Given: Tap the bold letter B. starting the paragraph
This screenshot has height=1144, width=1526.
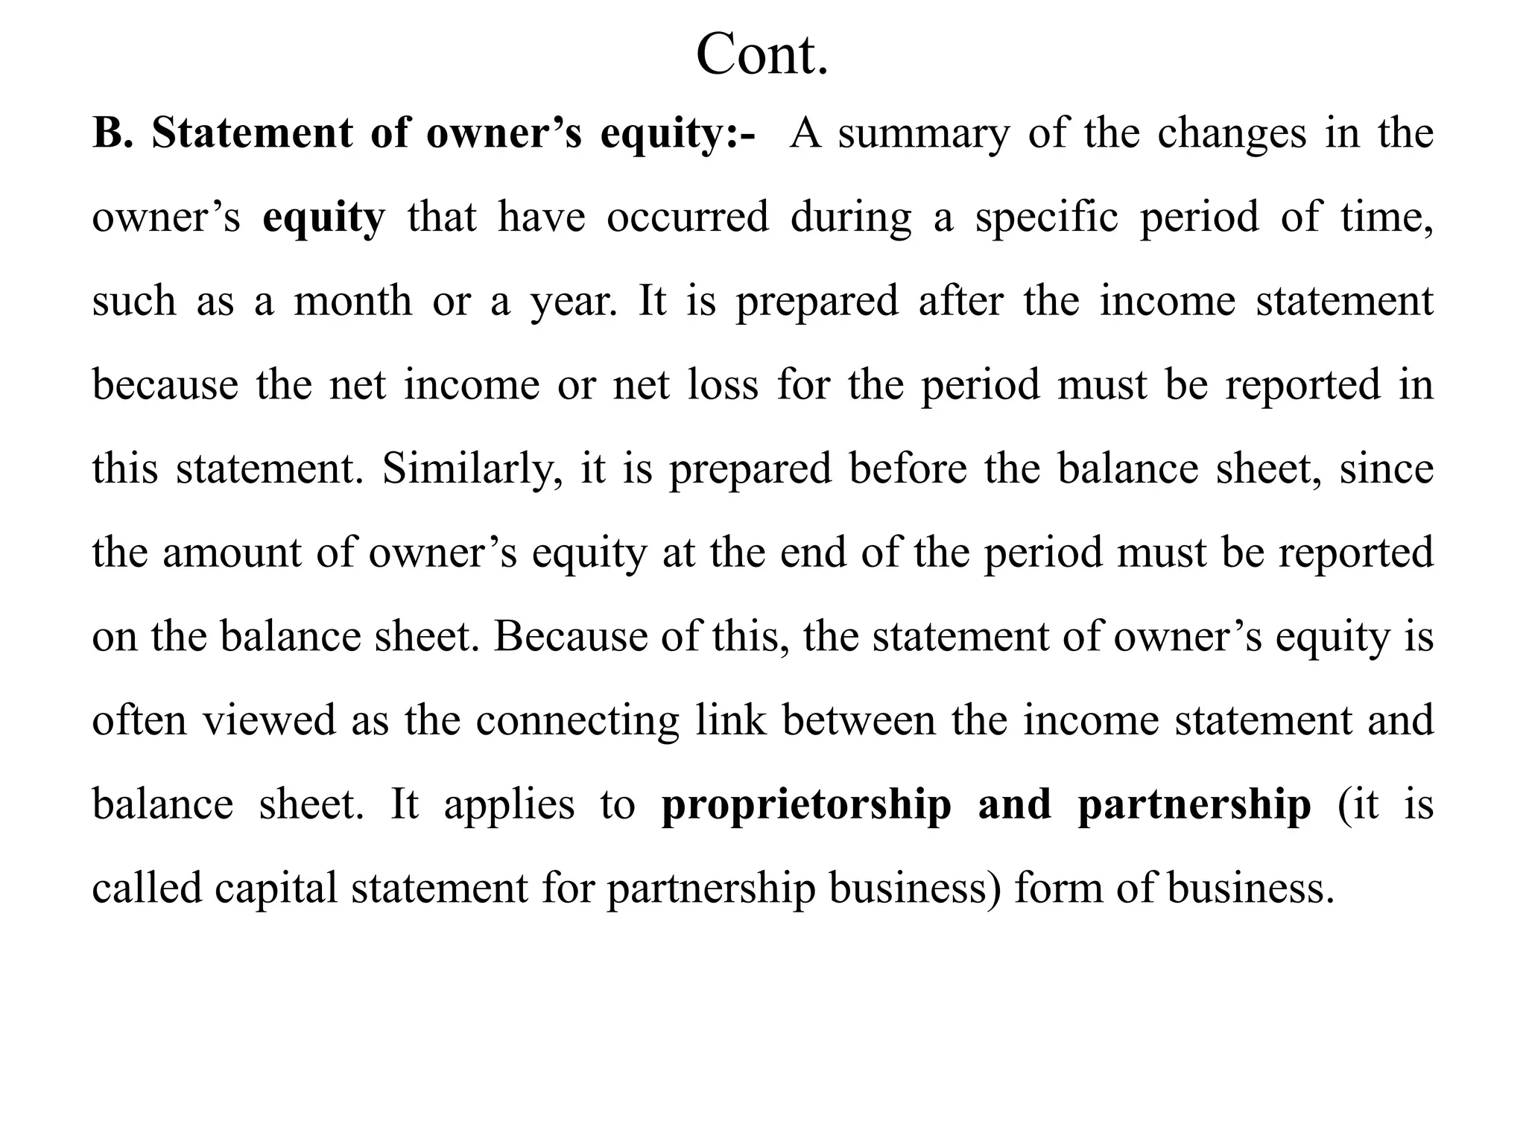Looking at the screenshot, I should [x=112, y=134].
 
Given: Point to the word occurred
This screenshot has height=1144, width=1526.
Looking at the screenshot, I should [x=687, y=217].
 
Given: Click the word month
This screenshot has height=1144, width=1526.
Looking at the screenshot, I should [x=352, y=302].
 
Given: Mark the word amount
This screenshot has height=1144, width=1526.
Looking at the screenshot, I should [x=232, y=553].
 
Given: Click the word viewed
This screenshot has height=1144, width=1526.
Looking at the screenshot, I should [x=269, y=721].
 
